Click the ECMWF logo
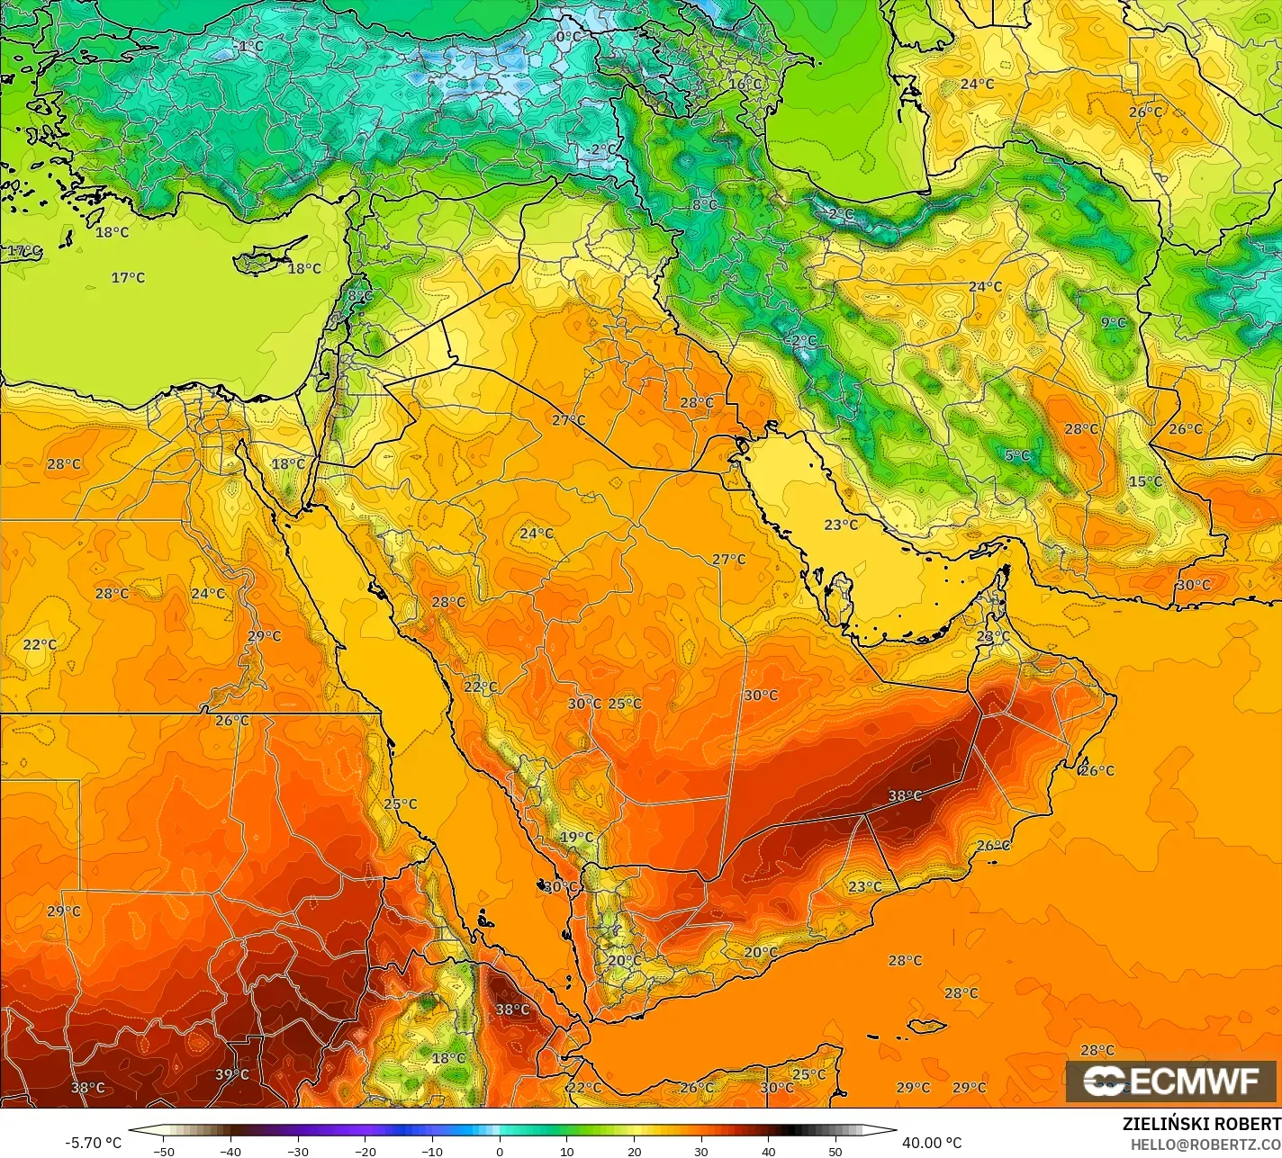click(x=1171, y=1082)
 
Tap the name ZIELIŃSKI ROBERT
click(x=1201, y=1125)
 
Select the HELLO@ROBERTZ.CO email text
click(x=1205, y=1145)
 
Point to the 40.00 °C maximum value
click(x=932, y=1143)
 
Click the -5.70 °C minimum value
click(x=93, y=1143)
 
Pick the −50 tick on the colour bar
click(x=163, y=1151)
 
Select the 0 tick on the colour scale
click(x=500, y=1151)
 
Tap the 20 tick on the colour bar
click(x=634, y=1151)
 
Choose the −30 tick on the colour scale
click(x=298, y=1151)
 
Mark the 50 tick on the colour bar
click(x=835, y=1151)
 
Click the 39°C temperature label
click(x=231, y=1074)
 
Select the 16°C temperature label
click(x=745, y=84)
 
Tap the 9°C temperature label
click(x=1114, y=322)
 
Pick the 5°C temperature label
click(x=1017, y=455)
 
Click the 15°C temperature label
click(x=1145, y=481)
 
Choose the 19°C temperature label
click(x=577, y=837)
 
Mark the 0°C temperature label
click(x=569, y=37)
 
